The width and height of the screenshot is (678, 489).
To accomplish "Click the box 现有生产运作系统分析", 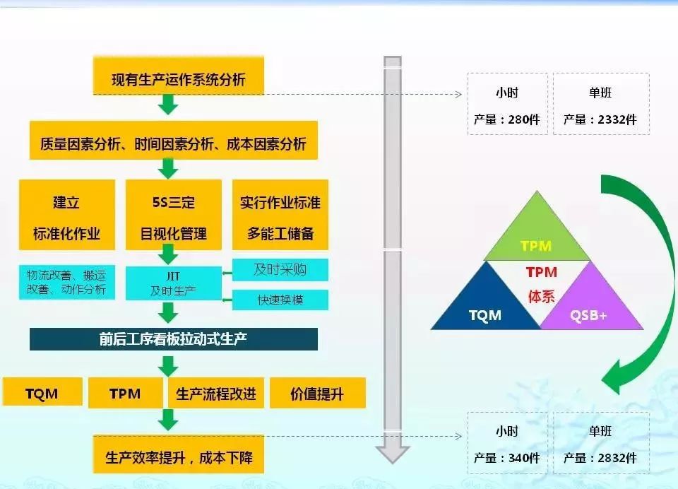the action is click(179, 76).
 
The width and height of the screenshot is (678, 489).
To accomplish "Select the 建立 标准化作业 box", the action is click(67, 215).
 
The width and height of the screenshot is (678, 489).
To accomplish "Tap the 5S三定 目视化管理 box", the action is click(174, 215).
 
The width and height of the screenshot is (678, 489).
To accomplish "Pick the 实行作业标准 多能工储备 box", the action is click(280, 215).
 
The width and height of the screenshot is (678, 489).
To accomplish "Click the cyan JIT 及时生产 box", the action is click(174, 283).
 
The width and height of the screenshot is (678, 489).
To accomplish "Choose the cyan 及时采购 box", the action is click(280, 270).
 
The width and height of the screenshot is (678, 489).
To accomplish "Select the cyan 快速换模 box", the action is click(280, 300).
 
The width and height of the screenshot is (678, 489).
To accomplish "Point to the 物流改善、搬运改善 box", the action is click(67, 282).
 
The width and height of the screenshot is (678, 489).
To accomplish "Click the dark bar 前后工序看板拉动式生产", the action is click(174, 339).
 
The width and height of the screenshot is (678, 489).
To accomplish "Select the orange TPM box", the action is click(126, 393).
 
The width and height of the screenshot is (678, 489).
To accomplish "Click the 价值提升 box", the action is click(318, 393).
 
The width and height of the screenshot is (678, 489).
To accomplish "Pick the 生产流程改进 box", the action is click(216, 393).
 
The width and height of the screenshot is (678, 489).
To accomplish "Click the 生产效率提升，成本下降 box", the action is click(179, 454).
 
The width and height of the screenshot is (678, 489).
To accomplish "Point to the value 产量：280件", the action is click(507, 119).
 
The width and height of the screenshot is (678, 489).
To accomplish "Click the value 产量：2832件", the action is click(600, 458).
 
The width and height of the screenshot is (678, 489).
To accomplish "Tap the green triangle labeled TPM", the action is click(537, 234).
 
